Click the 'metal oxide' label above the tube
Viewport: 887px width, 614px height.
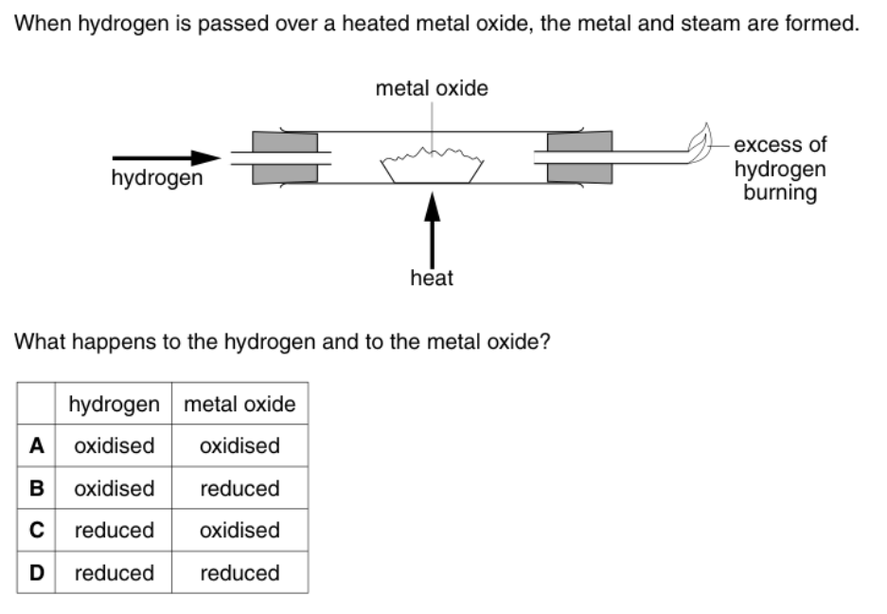coord(432,89)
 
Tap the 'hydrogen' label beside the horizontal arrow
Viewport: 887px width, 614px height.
coord(156,178)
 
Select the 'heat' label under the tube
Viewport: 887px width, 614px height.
coord(432,279)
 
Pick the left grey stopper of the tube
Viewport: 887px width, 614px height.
coord(285,157)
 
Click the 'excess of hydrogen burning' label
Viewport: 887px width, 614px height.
coord(779,169)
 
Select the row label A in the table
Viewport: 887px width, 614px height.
coord(36,445)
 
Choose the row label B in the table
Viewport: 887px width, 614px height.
coord(36,488)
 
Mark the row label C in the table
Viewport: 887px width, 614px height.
coord(36,530)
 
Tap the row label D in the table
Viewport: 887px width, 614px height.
coord(36,572)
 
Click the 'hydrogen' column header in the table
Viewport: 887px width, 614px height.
coord(114,405)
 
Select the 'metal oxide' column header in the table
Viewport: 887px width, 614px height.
coord(239,405)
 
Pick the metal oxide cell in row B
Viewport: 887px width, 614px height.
coord(239,488)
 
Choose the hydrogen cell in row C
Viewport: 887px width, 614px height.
coord(114,530)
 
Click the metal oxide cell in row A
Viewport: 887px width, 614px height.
coord(239,445)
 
